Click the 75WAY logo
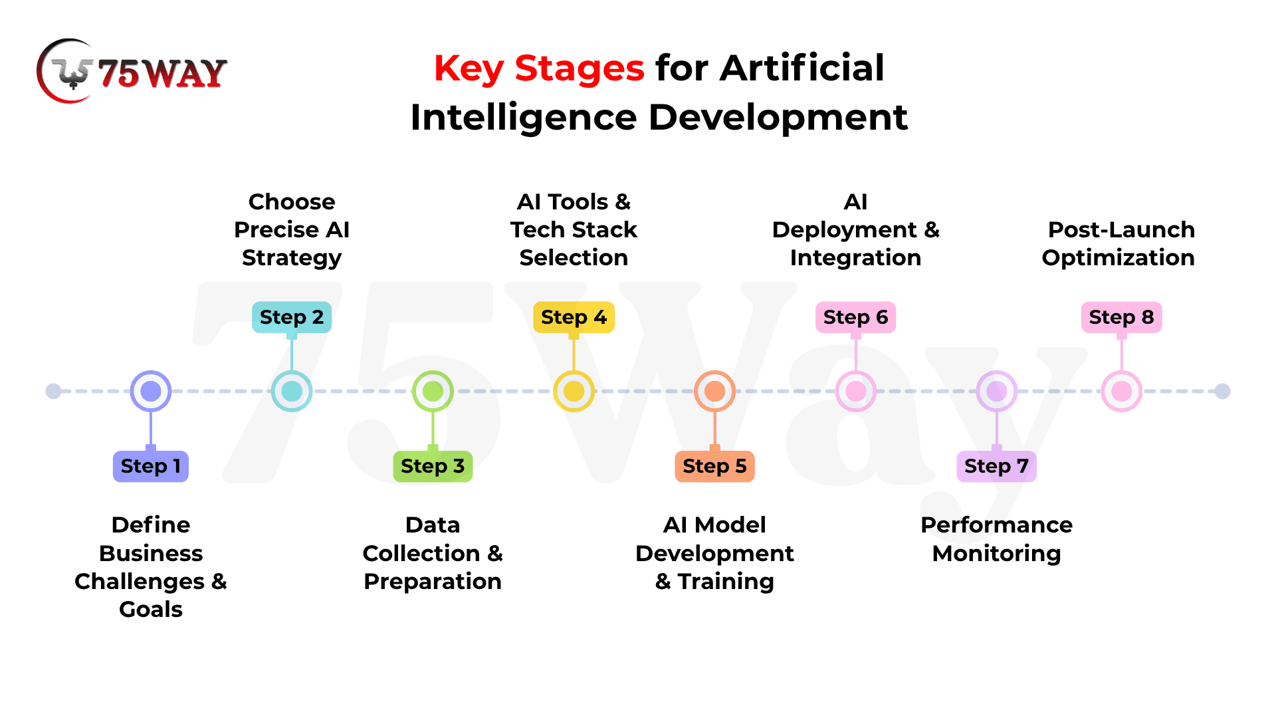pos(132,71)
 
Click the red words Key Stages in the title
pos(539,68)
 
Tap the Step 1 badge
pos(151,466)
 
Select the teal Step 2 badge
pos(292,317)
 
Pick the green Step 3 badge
pos(433,466)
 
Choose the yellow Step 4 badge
pos(574,317)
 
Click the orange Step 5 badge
pos(715,466)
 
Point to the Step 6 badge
pos(856,317)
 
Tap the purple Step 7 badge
pos(997,466)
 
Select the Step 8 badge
pos(1122,317)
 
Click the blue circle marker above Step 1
pos(151,391)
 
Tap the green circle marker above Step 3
pos(433,391)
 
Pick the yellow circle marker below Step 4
pos(574,391)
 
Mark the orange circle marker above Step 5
pos(715,391)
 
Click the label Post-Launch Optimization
pos(1119,243)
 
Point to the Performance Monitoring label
pos(997,539)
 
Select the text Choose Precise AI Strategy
pos(292,229)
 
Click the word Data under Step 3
pos(433,525)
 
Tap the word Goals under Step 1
pos(151,609)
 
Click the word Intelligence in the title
pos(524,118)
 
